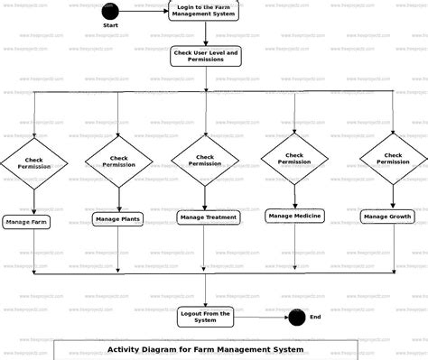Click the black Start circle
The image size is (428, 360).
[109, 12]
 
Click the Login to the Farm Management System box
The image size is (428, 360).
[205, 11]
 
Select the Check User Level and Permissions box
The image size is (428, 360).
[205, 57]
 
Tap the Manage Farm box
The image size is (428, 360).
[26, 221]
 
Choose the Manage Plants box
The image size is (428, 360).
[116, 219]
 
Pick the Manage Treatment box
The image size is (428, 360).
[209, 217]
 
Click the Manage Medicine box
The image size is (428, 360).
[295, 215]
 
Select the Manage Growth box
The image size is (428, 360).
[388, 217]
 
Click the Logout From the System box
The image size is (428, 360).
[205, 316]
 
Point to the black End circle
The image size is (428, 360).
[295, 317]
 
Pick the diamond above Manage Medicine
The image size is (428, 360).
[294, 158]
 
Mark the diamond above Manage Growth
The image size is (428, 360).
[393, 158]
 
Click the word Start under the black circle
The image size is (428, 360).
[110, 25]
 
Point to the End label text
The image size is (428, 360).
[315, 317]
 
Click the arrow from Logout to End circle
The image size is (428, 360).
[261, 317]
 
